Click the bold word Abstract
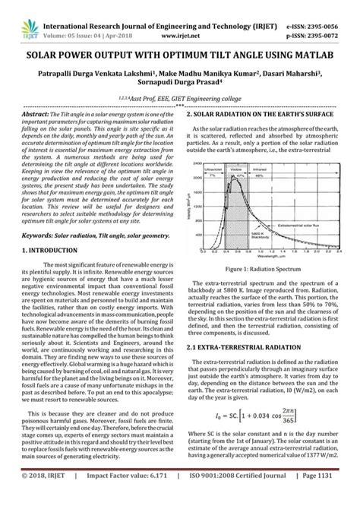pos(34,112)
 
